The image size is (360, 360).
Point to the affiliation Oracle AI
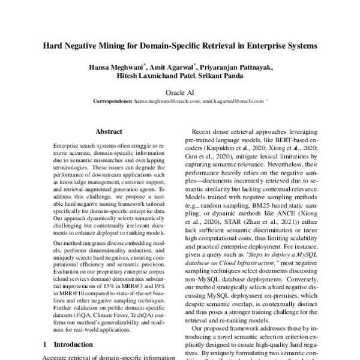pos(180,93)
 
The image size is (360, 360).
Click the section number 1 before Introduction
pos(46,344)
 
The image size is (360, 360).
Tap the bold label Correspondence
pos(113,103)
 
